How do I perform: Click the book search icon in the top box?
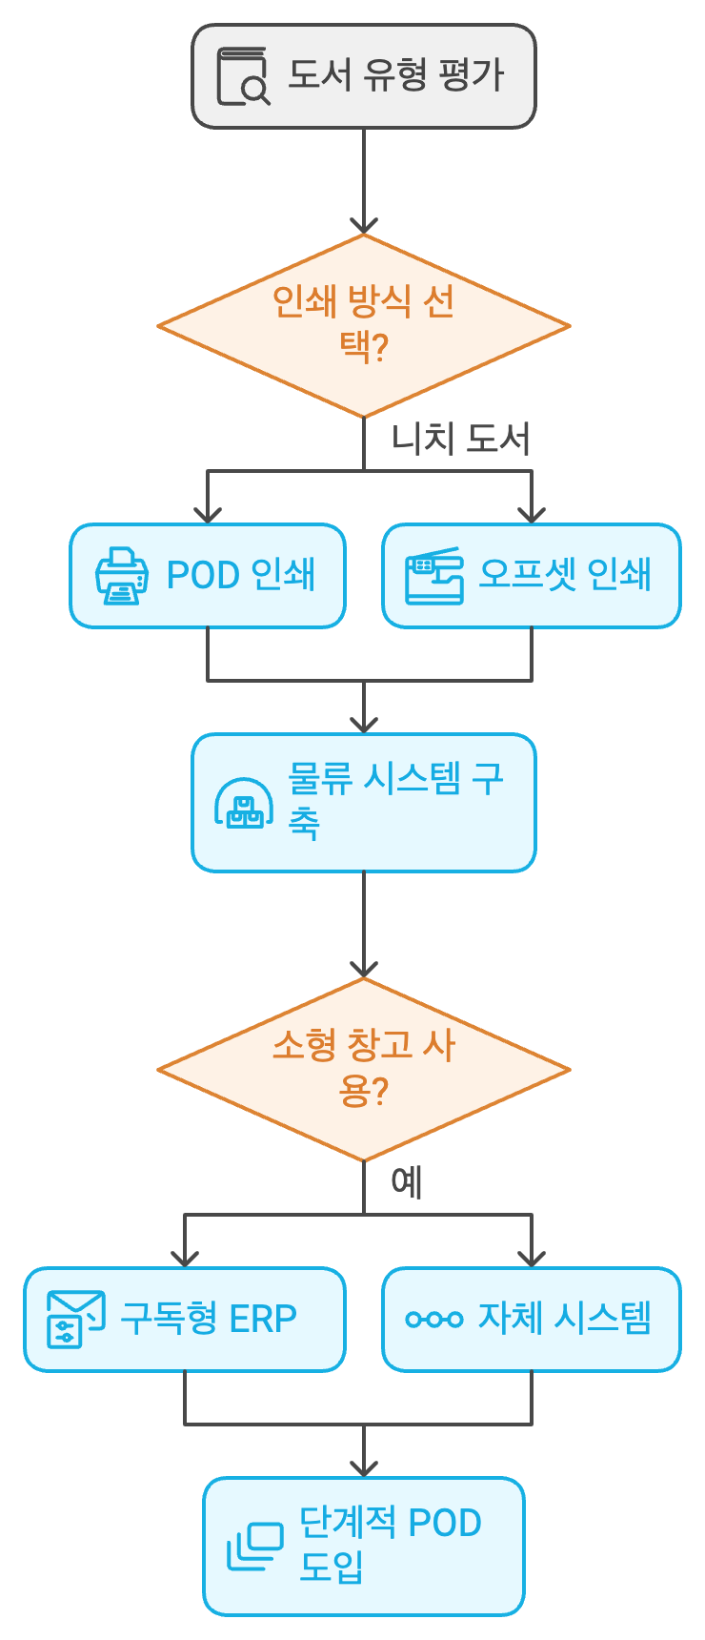click(x=242, y=76)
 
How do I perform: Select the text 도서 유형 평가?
click(x=395, y=74)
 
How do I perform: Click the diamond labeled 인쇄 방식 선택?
click(x=363, y=325)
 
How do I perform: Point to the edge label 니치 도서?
click(x=460, y=439)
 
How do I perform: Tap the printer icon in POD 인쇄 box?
click(x=122, y=576)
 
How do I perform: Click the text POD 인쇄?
click(x=240, y=575)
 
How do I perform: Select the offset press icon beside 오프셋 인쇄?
click(x=433, y=576)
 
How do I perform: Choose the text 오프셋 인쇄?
click(x=564, y=575)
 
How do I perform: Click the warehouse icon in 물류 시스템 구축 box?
click(x=244, y=803)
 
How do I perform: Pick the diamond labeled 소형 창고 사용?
click(x=363, y=1069)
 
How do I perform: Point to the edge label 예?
click(x=407, y=1182)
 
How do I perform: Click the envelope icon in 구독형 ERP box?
click(x=75, y=1320)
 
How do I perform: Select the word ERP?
click(x=263, y=1319)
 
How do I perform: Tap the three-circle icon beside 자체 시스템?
click(x=433, y=1320)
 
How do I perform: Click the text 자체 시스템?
click(x=564, y=1319)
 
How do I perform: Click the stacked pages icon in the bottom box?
click(x=254, y=1547)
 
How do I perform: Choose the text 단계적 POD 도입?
click(x=390, y=1545)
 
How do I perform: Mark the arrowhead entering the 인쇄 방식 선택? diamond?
click(x=363, y=225)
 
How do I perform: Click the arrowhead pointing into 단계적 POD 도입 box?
click(x=363, y=1468)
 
